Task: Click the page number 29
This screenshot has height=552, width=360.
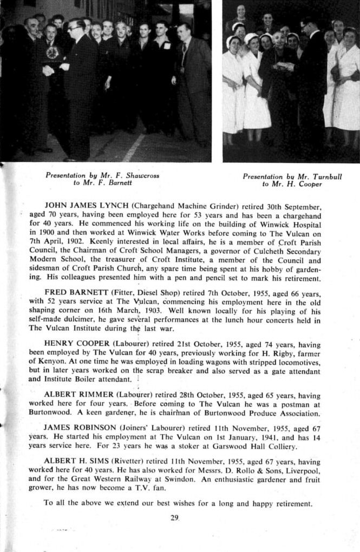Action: (174, 518)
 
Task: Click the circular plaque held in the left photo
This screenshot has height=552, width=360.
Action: (53, 53)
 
